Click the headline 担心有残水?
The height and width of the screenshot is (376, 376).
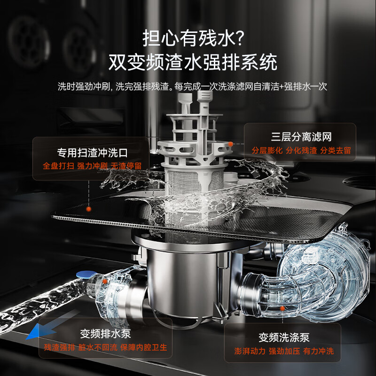coord(193,38)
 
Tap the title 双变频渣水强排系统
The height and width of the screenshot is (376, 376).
coord(193,62)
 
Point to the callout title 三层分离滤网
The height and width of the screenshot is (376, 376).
coord(301,137)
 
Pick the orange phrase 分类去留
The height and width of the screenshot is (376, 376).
coord(336,151)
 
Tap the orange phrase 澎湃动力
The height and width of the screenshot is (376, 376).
coord(250,351)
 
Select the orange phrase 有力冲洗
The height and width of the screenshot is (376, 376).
coord(318,351)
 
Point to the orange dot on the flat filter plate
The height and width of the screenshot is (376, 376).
coord(89,207)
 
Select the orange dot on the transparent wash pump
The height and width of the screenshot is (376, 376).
coord(282,308)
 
